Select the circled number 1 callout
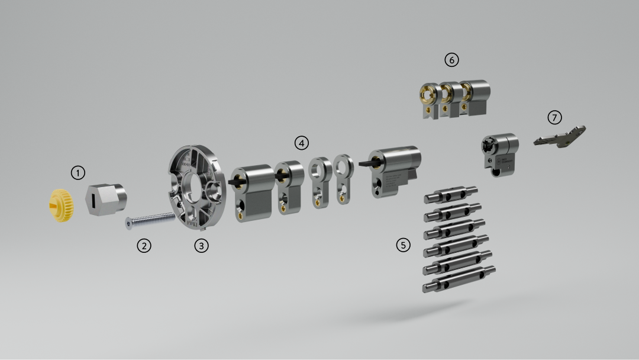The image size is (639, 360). coord(78,173)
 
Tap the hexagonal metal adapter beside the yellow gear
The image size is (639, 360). coord(106,199)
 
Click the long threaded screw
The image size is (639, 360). coord(151,220)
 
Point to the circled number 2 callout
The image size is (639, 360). coord(144,245)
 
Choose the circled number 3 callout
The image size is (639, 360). coord(202,245)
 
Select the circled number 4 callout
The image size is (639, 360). coord(301,143)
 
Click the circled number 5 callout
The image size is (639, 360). coord(403,245)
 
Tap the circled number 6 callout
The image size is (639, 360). coord(451,60)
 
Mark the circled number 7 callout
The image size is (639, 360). coord(554,117)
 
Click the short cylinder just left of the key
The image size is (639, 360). coord(501,152)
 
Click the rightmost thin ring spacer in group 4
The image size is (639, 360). coord(343,178)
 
